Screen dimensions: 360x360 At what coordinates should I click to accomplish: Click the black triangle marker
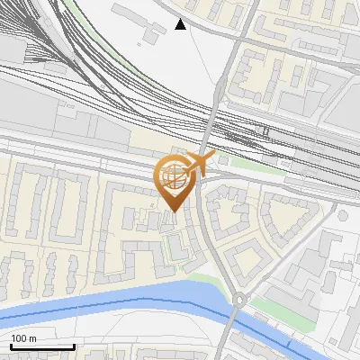pyautogui.click(x=181, y=24)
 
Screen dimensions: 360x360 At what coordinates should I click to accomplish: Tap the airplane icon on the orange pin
pyautogui.click(x=197, y=165)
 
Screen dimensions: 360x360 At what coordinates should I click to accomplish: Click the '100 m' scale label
pyautogui.click(x=24, y=338)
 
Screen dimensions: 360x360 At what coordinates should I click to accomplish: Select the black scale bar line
pyautogui.click(x=41, y=346)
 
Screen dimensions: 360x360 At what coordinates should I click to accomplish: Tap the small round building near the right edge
pyautogui.click(x=342, y=215)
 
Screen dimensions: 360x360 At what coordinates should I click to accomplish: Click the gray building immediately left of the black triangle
pyautogui.click(x=153, y=29)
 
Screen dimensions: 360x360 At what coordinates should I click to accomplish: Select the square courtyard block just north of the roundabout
pyautogui.click(x=240, y=261)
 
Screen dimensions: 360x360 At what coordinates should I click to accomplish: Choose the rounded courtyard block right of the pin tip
pyautogui.click(x=225, y=216)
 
